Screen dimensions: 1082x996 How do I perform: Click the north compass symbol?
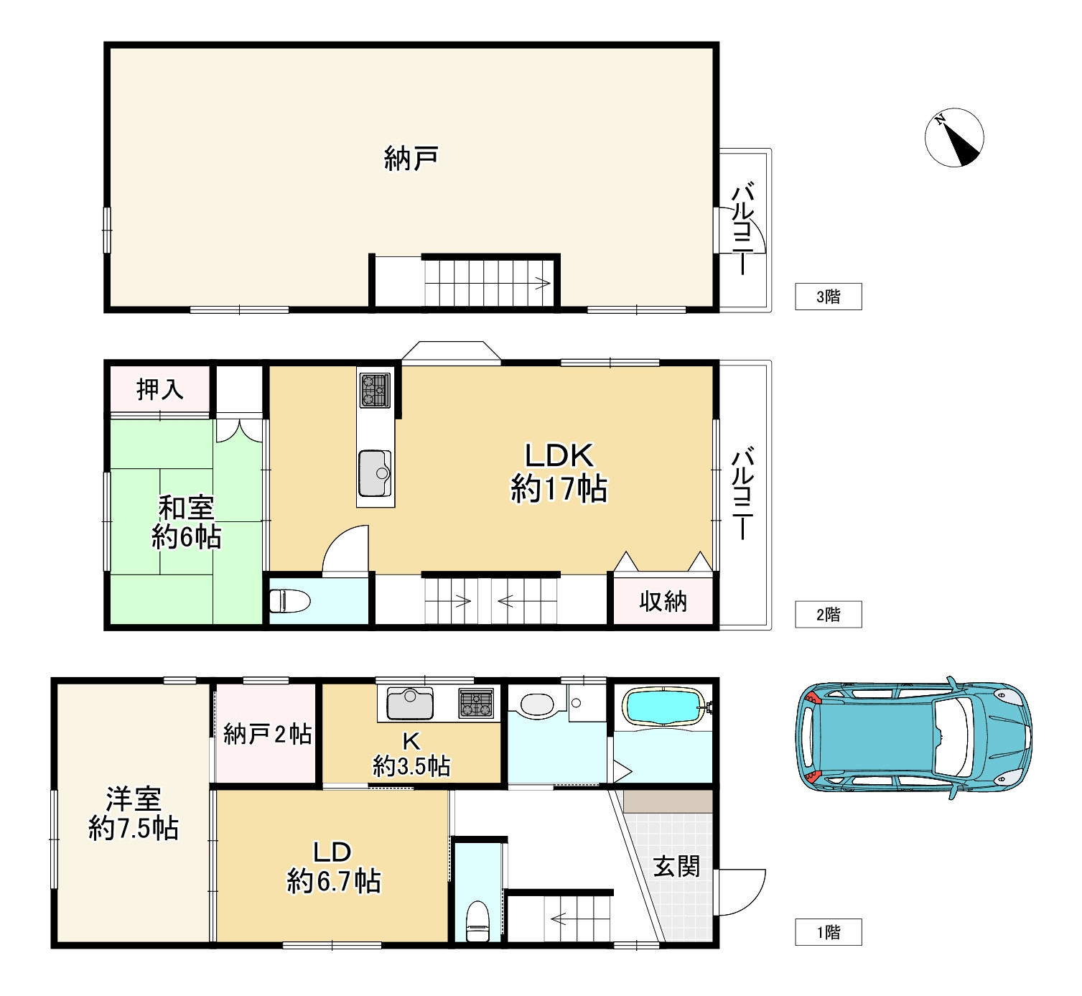coord(953,138)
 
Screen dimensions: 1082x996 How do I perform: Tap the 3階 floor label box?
coord(828,296)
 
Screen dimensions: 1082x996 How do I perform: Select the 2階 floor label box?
coord(828,614)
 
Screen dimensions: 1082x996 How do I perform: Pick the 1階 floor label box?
coord(828,932)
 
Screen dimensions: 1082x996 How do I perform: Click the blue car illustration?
coord(914,737)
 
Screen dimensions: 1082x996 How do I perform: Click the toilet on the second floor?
coord(289,600)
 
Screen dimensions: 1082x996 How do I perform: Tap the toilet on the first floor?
coord(477,921)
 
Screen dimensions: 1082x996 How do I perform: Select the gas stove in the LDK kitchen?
coord(375,390)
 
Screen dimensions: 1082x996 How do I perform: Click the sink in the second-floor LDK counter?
coord(375,473)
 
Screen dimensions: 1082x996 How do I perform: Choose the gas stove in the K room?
coord(476,703)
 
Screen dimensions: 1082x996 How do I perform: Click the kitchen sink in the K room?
coord(410,703)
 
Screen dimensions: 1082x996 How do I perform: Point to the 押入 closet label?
coord(159,389)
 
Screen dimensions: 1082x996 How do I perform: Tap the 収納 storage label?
coord(663,601)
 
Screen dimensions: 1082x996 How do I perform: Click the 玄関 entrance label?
coord(676,867)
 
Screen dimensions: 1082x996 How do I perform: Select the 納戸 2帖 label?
coord(267,735)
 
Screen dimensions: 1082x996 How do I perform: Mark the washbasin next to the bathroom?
coord(536,704)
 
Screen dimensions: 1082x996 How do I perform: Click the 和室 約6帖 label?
coord(186,522)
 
